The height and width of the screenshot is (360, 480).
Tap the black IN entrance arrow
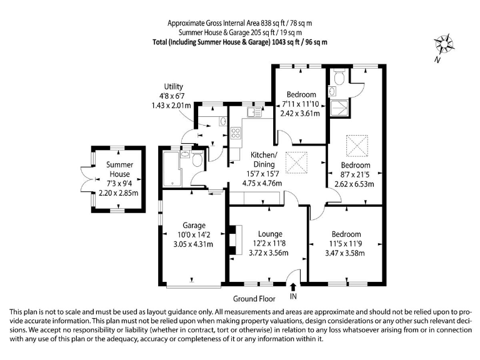(293, 287)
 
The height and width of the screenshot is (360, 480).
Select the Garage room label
(194, 225)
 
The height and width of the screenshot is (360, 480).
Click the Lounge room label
(270, 234)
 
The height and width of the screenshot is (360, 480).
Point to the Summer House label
(119, 169)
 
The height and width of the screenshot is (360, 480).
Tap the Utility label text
(173, 87)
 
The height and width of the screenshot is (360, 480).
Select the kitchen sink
(255, 112)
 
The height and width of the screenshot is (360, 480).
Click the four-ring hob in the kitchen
(236, 133)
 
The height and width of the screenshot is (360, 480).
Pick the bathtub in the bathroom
(171, 169)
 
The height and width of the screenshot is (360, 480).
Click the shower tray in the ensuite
(339, 108)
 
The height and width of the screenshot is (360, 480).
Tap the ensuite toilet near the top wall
(339, 77)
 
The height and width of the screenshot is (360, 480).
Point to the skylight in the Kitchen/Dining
(296, 163)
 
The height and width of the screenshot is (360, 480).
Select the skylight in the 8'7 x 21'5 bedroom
(357, 146)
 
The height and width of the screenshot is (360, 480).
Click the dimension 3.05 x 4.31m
(193, 244)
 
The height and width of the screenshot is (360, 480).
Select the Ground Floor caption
(254, 299)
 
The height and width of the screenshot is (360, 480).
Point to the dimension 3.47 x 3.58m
(345, 253)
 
